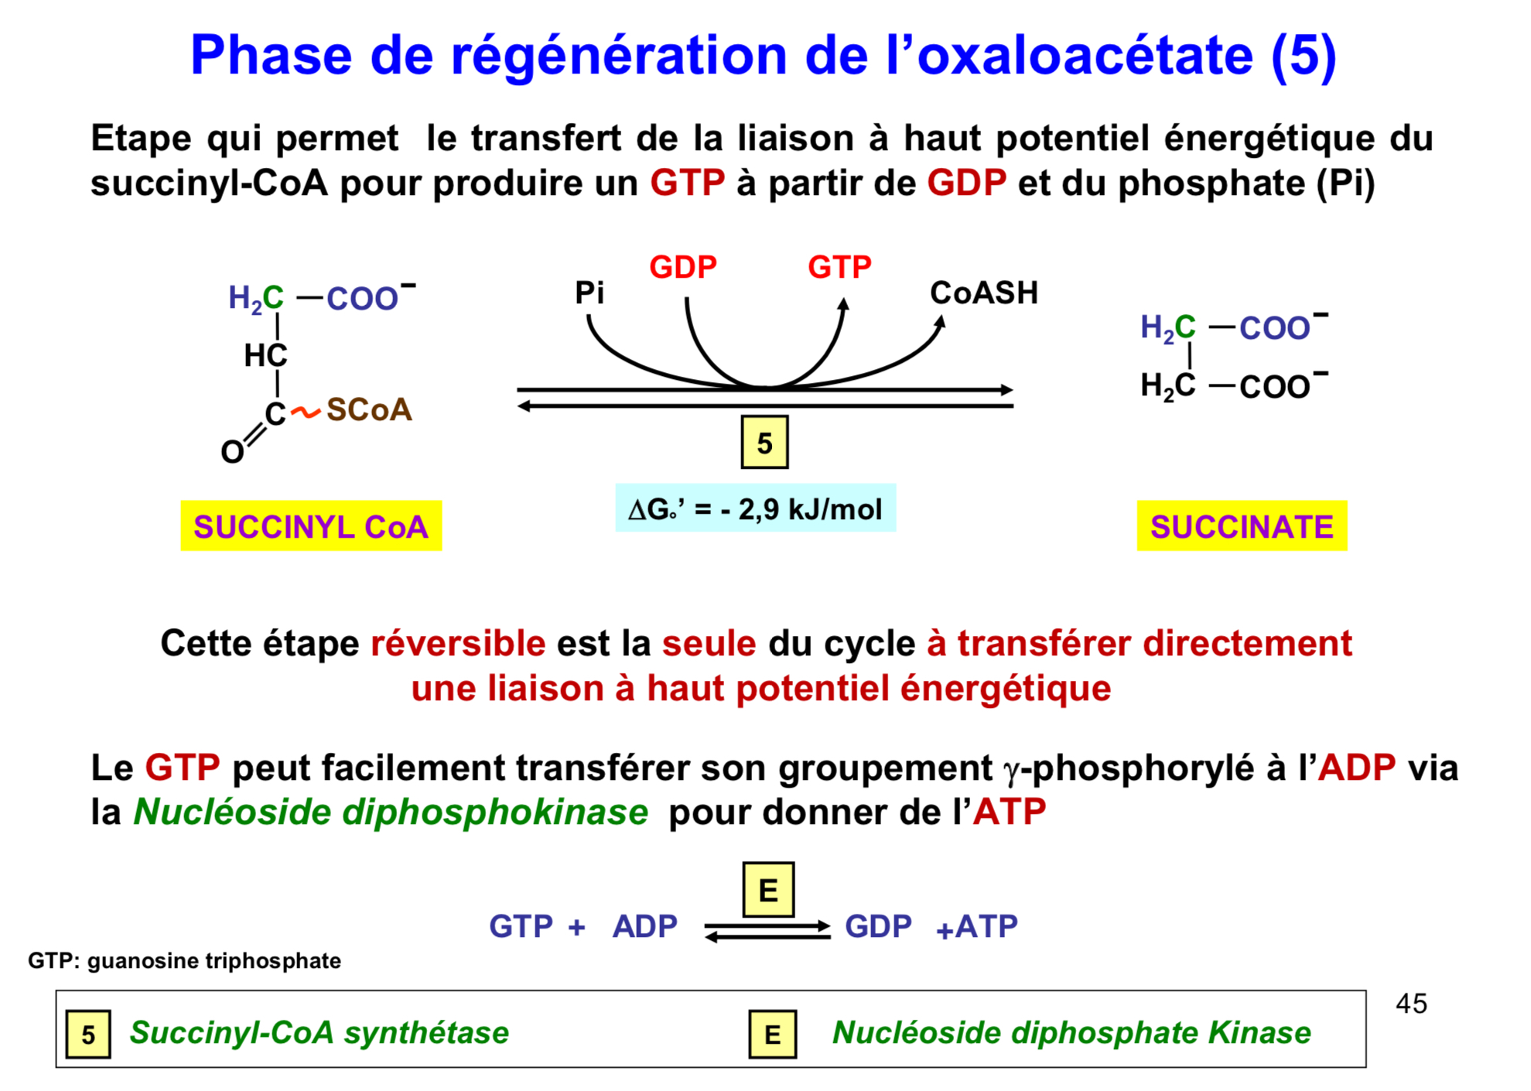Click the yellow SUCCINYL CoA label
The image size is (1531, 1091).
click(x=311, y=526)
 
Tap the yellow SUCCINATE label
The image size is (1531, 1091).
click(x=1242, y=526)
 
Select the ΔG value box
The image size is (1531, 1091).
click(x=755, y=508)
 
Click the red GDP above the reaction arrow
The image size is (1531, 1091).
click(x=683, y=267)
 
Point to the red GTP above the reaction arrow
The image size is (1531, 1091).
click(x=839, y=267)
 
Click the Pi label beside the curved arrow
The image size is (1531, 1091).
click(x=590, y=292)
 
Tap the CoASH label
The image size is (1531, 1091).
click(x=984, y=292)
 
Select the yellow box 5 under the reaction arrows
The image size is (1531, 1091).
click(x=764, y=443)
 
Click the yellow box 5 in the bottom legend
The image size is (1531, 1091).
click(x=88, y=1035)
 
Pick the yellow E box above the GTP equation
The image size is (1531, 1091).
click(x=768, y=890)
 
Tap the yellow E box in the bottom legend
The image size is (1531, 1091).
click(x=772, y=1035)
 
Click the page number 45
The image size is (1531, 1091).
click(x=1411, y=1004)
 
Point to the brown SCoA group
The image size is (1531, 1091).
click(x=369, y=410)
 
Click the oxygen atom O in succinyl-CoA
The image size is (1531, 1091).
click(x=232, y=452)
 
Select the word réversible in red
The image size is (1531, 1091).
click(x=458, y=644)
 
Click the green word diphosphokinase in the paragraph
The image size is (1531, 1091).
click(x=495, y=812)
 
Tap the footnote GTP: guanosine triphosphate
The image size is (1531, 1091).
click(x=184, y=961)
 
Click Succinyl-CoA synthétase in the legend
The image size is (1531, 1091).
click(x=319, y=1033)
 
